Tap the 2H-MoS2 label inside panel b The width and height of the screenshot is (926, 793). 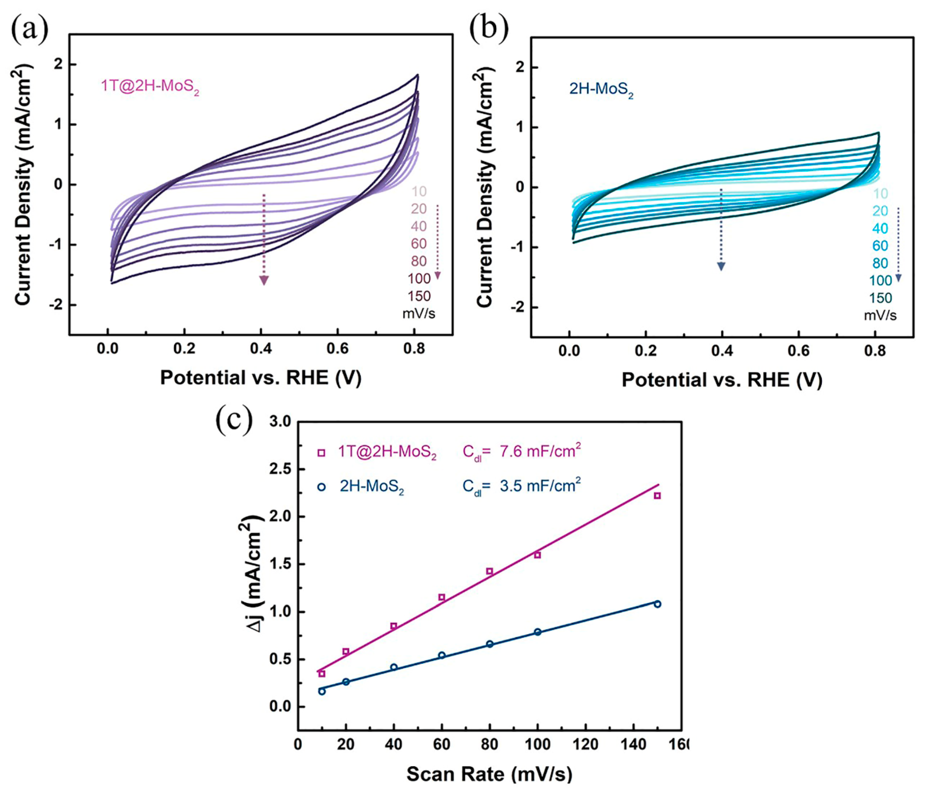pos(601,90)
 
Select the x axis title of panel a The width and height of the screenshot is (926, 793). pos(261,378)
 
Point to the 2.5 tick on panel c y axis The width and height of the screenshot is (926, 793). pos(280,469)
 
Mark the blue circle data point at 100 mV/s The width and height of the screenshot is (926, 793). pos(538,632)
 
